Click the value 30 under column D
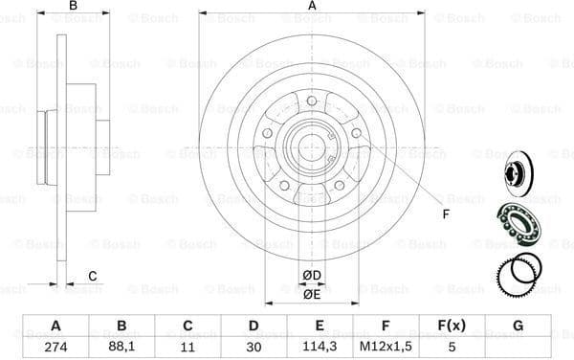click(x=254, y=346)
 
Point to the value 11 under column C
click(x=188, y=346)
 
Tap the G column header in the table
click(x=518, y=325)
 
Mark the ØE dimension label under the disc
click(x=312, y=294)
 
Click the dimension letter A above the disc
click(x=312, y=7)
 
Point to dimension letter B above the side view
click(x=73, y=7)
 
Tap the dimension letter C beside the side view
click(x=92, y=277)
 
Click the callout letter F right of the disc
click(x=445, y=213)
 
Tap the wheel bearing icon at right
click(x=518, y=222)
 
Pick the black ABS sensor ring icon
click(x=518, y=271)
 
